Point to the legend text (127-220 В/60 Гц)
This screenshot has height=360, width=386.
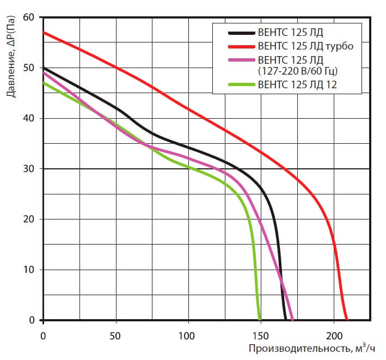pos(297,70)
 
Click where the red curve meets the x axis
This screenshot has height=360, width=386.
pos(346,320)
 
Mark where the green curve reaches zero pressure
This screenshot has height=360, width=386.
pos(259,320)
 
